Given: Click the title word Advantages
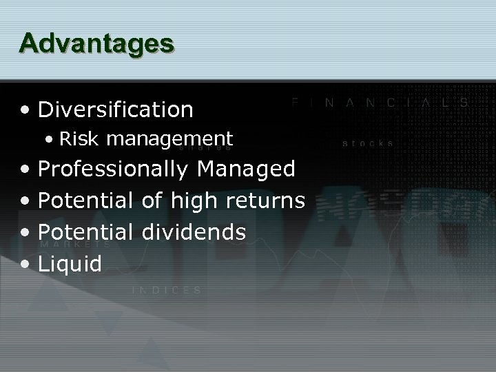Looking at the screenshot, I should [x=96, y=43].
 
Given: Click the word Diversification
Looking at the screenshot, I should [x=116, y=109].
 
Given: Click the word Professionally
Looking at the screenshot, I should [x=113, y=169].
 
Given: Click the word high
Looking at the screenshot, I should [x=189, y=201].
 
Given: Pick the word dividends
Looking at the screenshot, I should [x=194, y=232].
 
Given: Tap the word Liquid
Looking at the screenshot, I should [x=70, y=264].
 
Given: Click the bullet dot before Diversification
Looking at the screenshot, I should [x=25, y=110].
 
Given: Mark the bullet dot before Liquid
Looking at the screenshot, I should [x=25, y=264].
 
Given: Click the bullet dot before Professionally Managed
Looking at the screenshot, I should [x=25, y=169].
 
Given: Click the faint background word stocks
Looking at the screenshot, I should [x=369, y=144].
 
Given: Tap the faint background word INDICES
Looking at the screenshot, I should [x=167, y=290].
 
